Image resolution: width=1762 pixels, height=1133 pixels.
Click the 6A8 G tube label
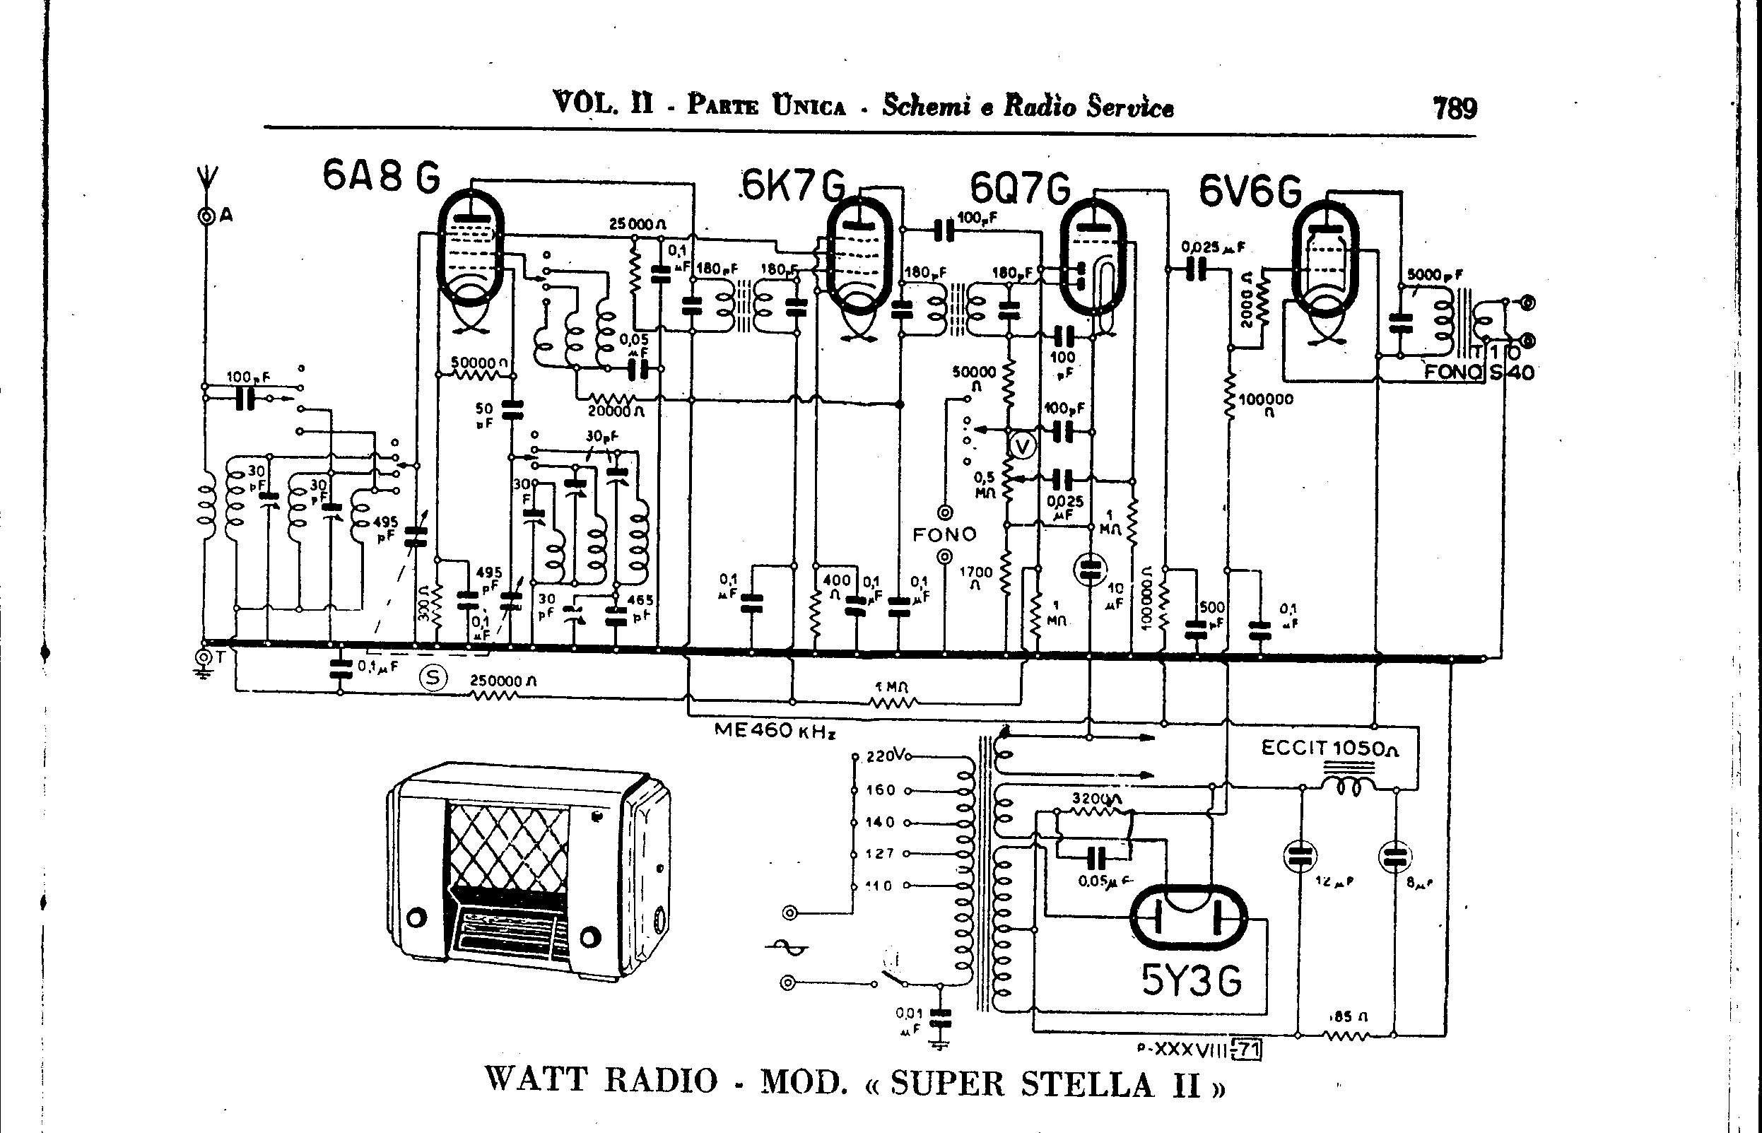pyautogui.click(x=381, y=178)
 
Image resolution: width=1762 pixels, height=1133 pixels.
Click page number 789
pyautogui.click(x=1455, y=109)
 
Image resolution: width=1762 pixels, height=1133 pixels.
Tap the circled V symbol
pyautogui.click(x=1022, y=447)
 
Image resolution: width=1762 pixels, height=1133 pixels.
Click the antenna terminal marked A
pyautogui.click(x=206, y=216)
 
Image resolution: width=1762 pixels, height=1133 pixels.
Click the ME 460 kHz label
pyautogui.click(x=775, y=731)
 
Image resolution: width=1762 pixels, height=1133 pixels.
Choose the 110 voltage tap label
pyautogui.click(x=879, y=886)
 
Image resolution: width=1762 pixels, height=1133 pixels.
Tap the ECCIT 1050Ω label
pyautogui.click(x=1329, y=749)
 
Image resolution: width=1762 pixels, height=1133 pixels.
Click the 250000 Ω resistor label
pyautogui.click(x=503, y=681)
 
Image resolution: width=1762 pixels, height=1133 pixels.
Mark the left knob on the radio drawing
pyautogui.click(x=416, y=918)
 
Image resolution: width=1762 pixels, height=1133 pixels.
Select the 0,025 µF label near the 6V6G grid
pyautogui.click(x=1212, y=247)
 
